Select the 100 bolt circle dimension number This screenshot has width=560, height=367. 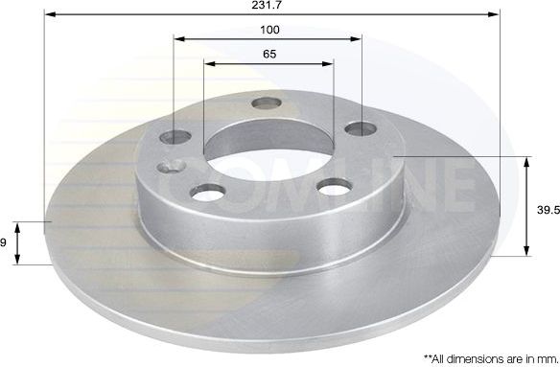coord(270,30)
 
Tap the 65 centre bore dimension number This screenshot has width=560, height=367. coord(269,54)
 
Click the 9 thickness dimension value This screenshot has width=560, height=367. coord(3,243)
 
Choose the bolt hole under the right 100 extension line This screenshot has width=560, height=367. coord(360,127)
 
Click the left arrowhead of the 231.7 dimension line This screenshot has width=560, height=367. coord(49,15)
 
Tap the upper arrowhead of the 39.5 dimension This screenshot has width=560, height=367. coord(526,160)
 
